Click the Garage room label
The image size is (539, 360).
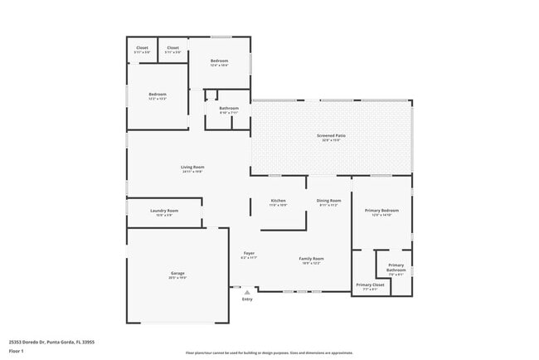pos(177,273)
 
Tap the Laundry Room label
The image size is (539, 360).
pos(164,211)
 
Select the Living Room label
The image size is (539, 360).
pos(192,167)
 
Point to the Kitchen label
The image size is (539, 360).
pos(278,201)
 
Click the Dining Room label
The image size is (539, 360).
pos(328,201)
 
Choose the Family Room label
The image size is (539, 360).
pos(311,259)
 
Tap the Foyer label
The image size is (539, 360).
pos(249,253)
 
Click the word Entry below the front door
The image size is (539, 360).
pos(247,299)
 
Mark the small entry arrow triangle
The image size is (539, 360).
pos(246,291)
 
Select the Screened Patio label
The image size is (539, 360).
pos(331,135)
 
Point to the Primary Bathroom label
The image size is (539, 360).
pos(396,267)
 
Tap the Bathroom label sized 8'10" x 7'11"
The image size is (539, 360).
pos(229,109)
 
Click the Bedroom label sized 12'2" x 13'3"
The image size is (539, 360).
pos(158,95)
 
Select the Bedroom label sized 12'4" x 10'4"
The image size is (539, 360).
pos(219,61)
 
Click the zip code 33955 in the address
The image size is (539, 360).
pos(87,341)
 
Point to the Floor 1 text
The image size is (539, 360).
pos(17,351)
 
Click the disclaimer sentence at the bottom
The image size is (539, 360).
pos(269,353)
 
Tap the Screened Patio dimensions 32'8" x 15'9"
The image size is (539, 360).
pos(331,140)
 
